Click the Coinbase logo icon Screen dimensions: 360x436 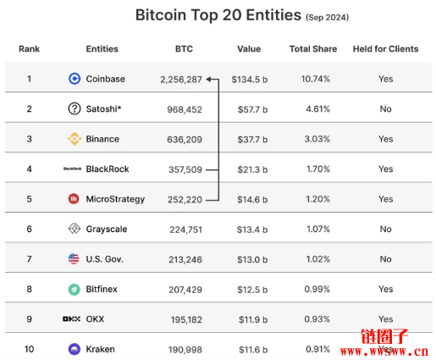75,79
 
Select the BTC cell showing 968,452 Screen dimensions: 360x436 184,109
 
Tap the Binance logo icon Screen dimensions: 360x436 75,139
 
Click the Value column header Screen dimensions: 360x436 249,49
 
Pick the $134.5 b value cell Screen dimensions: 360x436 250,79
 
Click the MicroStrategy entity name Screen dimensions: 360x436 115,199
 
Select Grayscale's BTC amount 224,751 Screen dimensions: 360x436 184,229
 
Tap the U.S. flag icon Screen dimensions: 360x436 75,259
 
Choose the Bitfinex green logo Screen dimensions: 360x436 75,289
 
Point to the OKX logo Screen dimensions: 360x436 72,319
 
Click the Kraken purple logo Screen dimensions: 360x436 75,349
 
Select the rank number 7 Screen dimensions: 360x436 29,259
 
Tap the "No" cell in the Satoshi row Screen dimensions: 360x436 385,109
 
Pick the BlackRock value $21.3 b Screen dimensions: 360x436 250,169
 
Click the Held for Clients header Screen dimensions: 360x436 385,49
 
